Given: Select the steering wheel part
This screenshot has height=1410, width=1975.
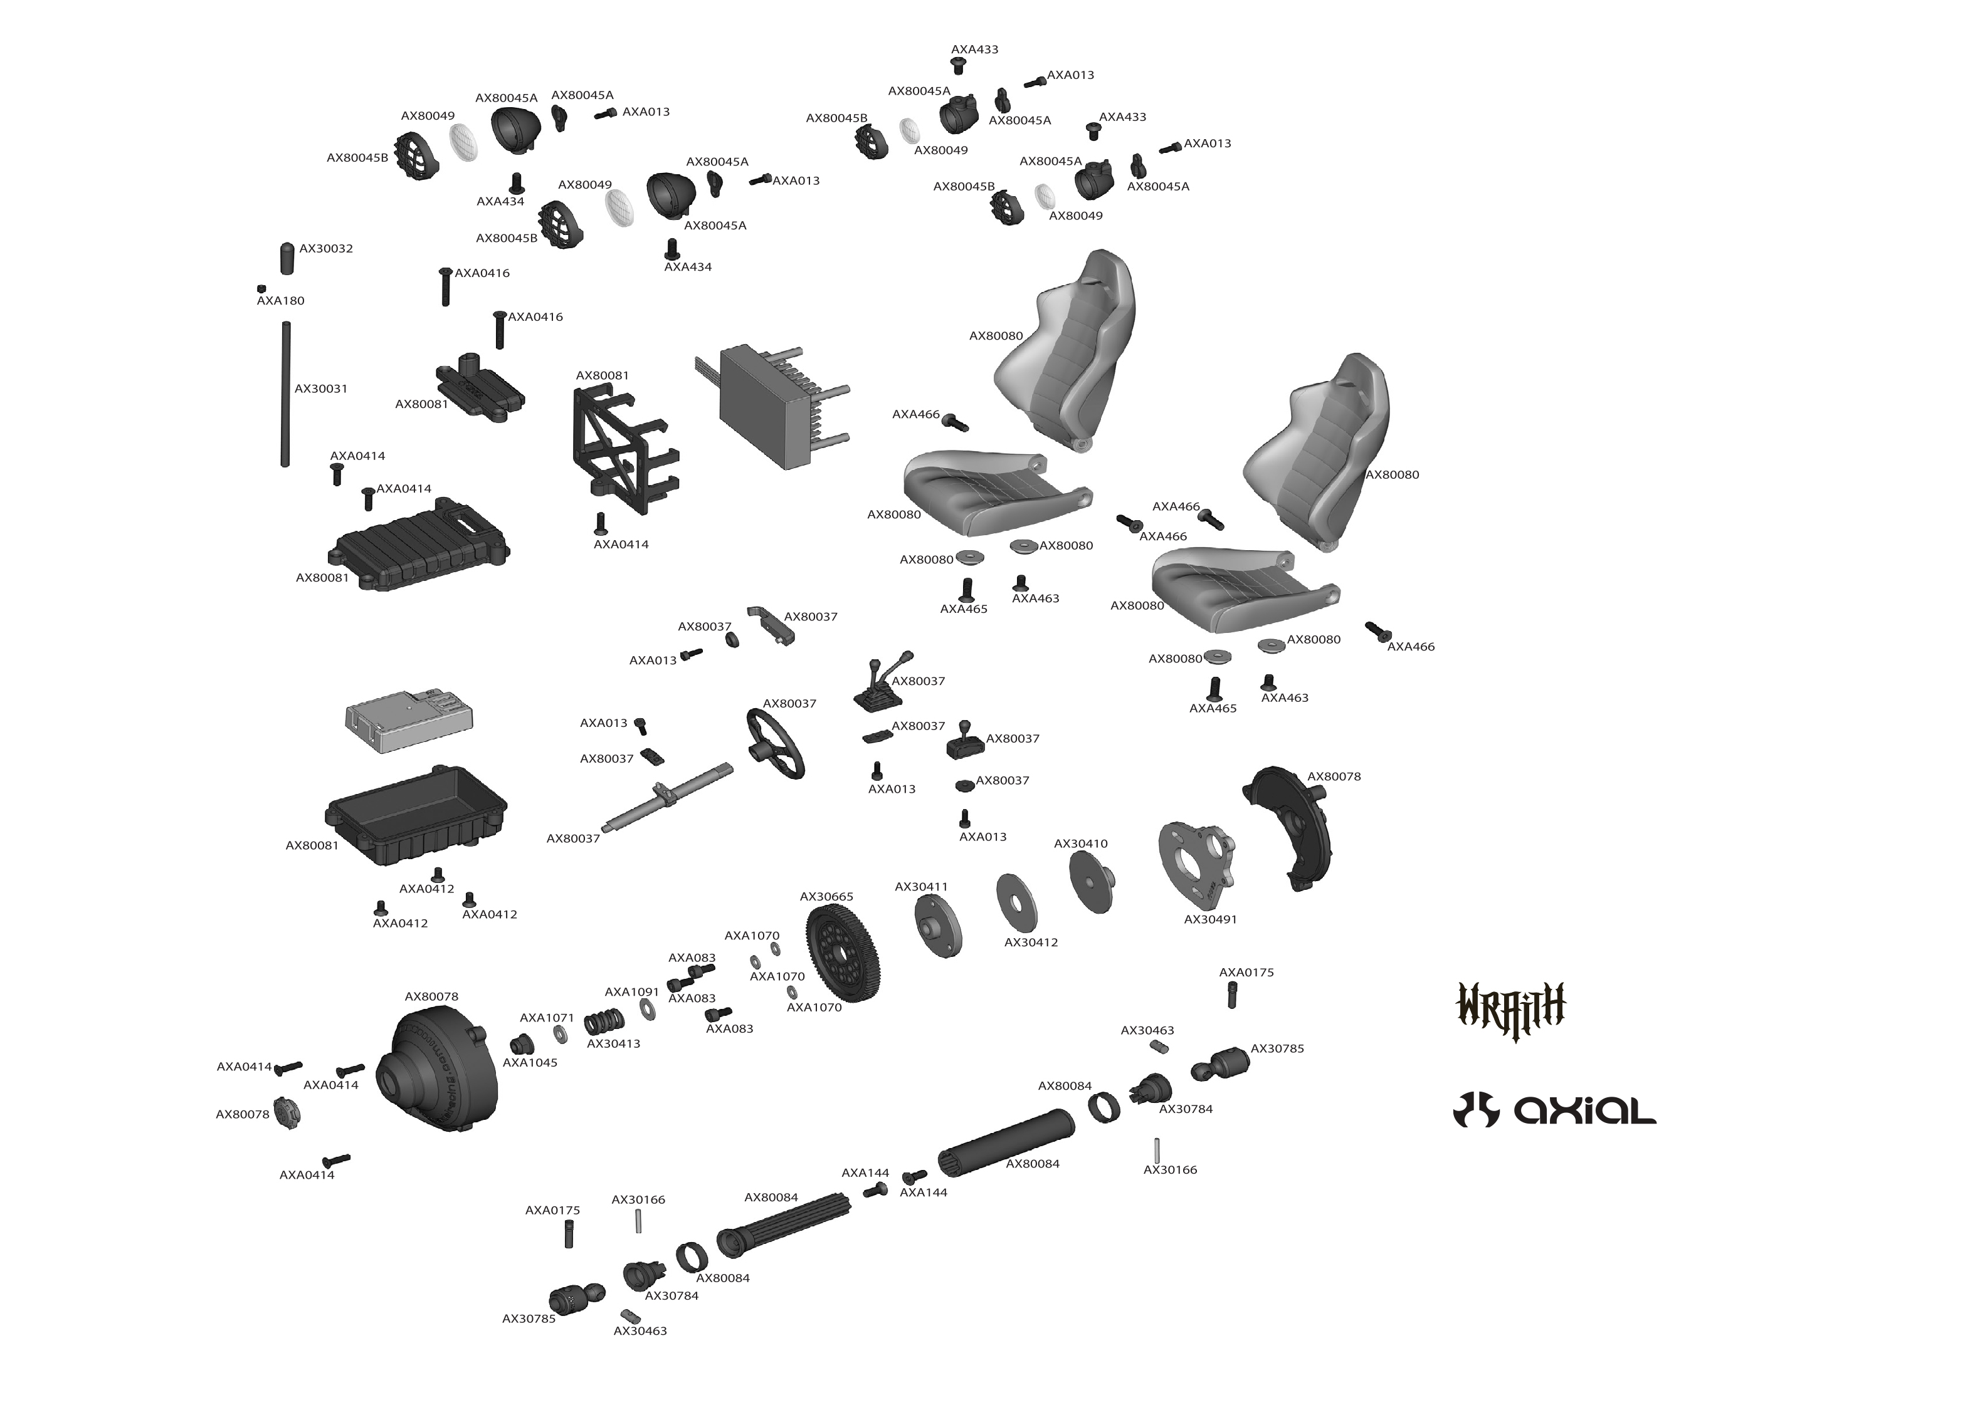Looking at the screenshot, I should (775, 744).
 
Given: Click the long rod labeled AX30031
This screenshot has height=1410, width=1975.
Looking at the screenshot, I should (285, 394).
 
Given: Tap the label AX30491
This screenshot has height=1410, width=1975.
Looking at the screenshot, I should (1210, 919).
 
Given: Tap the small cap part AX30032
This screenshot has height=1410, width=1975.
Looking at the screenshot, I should (288, 257).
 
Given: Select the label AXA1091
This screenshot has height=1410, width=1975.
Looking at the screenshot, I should (631, 991).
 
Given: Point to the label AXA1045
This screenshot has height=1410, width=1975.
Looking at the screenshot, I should (530, 1063).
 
